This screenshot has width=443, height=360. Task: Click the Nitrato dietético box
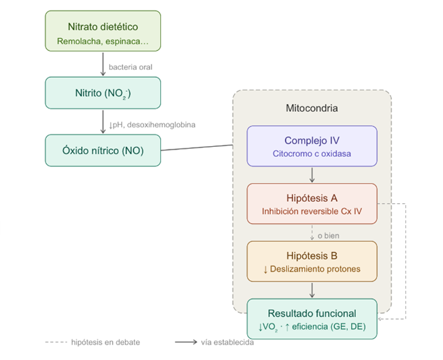(103, 31)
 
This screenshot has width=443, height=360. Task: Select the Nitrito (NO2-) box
(103, 93)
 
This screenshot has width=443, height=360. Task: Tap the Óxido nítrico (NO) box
(103, 150)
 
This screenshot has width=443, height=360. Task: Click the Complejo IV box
(312, 146)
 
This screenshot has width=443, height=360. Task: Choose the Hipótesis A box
(312, 204)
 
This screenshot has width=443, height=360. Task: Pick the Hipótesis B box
(312, 261)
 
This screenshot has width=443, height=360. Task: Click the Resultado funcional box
(312, 319)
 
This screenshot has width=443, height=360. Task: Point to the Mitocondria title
(312, 108)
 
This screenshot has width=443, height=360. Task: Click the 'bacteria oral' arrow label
(131, 67)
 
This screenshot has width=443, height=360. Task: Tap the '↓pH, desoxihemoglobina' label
(152, 125)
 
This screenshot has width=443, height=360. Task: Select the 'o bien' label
(328, 236)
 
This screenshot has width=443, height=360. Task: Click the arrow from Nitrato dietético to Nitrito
(103, 64)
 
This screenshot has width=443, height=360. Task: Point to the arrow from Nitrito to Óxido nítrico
(103, 122)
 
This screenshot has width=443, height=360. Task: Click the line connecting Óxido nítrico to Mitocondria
(197, 147)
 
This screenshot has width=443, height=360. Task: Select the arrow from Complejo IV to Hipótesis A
(312, 175)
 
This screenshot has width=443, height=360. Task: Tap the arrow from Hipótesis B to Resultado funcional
(312, 290)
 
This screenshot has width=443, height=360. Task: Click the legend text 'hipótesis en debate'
(105, 342)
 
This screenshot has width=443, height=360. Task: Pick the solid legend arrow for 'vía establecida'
(186, 342)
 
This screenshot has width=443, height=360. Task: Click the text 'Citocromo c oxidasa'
(312, 154)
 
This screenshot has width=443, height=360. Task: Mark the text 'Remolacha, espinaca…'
(103, 42)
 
